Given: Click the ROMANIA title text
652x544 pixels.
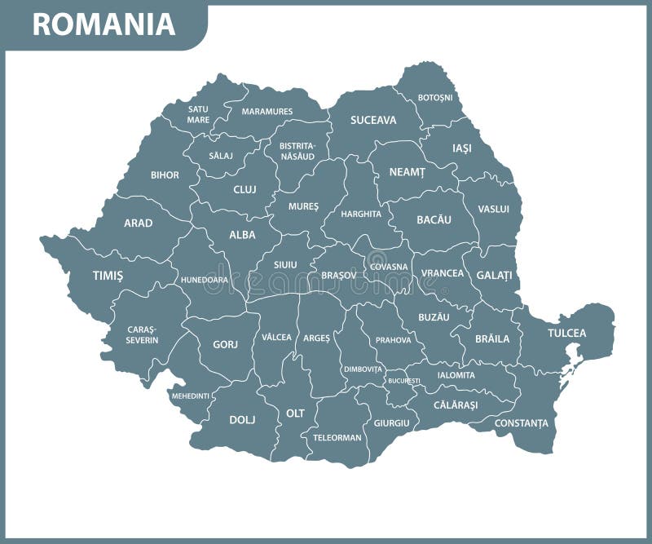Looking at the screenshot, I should [104, 24].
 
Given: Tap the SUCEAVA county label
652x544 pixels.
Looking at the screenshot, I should [373, 120].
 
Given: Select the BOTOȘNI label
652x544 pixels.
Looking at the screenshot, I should [434, 98].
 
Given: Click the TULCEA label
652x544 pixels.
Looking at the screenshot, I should [566, 333].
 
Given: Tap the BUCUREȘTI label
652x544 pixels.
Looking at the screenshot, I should [404, 381].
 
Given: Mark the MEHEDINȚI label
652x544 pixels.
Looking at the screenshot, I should [190, 396].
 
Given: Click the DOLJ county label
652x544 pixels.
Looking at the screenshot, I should [242, 419].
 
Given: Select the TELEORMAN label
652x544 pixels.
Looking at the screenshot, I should [337, 437].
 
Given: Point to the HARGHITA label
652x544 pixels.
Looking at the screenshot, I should [362, 214].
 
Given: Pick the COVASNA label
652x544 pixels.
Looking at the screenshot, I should [389, 267].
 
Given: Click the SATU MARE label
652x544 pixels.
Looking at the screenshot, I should [198, 114].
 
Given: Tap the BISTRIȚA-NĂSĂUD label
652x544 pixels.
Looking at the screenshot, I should [297, 152].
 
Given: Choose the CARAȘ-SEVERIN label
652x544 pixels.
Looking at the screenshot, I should [143, 334].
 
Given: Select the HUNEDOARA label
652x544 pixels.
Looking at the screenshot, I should [205, 279].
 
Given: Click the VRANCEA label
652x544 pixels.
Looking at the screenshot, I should [443, 273].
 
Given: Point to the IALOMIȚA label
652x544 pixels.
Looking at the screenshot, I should [456, 375].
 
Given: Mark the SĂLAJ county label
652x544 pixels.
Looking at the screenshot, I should [221, 155].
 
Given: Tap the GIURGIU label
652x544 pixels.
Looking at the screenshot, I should [391, 423].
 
